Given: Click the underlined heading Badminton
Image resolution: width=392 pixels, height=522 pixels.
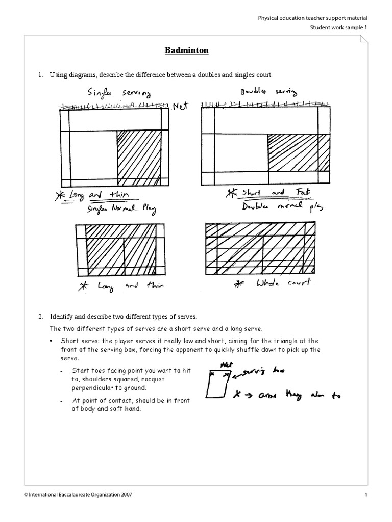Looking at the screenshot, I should coord(186,50).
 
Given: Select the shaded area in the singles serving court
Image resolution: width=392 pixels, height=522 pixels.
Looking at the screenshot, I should coord(139,158).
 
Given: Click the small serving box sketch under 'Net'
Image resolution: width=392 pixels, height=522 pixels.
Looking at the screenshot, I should coord(218,384).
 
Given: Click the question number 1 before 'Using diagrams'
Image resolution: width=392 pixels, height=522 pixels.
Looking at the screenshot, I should coord(40,75).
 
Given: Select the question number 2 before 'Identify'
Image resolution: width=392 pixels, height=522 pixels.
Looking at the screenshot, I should coord(40,316).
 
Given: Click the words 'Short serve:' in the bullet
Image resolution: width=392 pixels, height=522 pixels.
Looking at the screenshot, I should coord(79,341).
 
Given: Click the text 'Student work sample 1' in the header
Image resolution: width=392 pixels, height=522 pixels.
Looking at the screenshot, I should coord(338,27).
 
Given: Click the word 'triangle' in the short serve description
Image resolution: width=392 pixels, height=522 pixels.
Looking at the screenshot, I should coord(288,341).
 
